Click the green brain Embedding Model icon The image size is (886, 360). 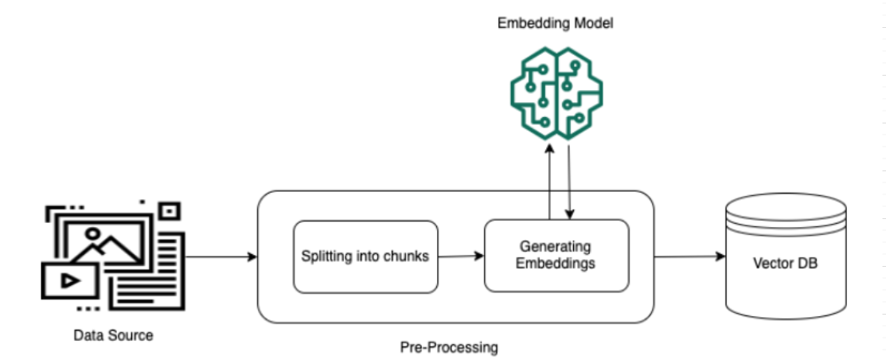pos(556,93)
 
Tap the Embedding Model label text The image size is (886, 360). pos(555,24)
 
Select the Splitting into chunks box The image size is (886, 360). pos(365,256)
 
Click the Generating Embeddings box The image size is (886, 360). pos(556,256)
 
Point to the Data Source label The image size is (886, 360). pos(114,335)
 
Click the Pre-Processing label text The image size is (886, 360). pos(449,347)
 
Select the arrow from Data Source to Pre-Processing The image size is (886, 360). pos(221,256)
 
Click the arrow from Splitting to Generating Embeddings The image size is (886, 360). pos(461,256)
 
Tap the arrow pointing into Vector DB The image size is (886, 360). pos(690,256)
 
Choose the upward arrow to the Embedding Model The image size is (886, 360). pos(549,181)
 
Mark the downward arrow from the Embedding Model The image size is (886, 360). pos(569,181)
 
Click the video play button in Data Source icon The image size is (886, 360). pos(70,280)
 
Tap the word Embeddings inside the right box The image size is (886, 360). pos(556,264)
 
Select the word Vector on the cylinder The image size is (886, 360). pos(771,264)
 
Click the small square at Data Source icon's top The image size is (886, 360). pos(170,211)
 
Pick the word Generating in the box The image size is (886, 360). pos(556,247)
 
